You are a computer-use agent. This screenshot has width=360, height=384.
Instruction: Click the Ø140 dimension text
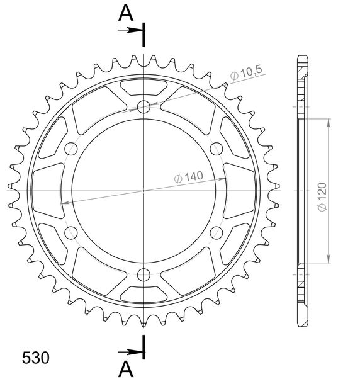point(189,177)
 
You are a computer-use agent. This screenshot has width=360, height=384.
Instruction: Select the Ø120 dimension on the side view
point(322,196)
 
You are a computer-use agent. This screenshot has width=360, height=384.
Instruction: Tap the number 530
point(35,358)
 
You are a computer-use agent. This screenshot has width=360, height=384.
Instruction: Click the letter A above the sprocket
point(126,13)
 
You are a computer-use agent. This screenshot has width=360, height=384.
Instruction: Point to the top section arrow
point(130,30)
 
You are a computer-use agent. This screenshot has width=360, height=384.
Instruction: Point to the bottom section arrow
point(130,352)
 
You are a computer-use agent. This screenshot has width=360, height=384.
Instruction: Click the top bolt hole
point(143,106)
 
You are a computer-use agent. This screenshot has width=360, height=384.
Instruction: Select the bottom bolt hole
point(143,274)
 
